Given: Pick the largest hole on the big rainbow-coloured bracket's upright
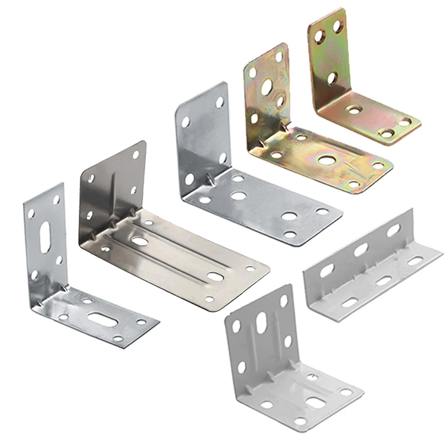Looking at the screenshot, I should (x=267, y=86).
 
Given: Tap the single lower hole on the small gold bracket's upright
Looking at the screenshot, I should (x=332, y=78).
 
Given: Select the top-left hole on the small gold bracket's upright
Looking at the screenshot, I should (x=319, y=37).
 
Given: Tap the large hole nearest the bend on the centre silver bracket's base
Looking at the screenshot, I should (x=239, y=196).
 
